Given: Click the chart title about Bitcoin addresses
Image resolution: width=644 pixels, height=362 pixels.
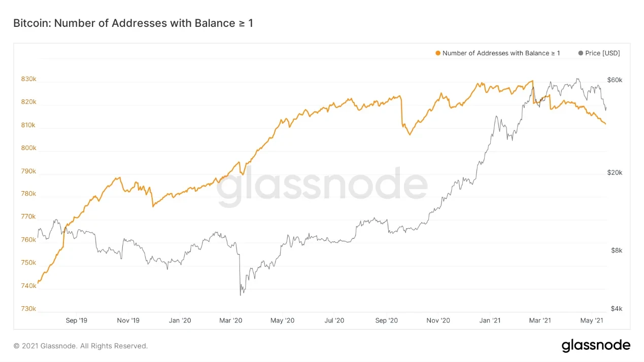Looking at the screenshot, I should tap(133, 23).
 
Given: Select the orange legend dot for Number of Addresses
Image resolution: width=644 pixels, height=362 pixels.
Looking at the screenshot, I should tap(438, 53).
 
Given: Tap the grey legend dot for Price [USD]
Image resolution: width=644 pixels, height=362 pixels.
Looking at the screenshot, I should tap(581, 53).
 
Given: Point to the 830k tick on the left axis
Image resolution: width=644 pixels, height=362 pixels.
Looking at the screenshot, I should tap(28, 80).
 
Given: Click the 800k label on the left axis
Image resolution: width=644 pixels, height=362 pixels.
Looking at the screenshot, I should tap(28, 148).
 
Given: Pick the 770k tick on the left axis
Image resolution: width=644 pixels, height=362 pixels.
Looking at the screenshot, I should tap(28, 217).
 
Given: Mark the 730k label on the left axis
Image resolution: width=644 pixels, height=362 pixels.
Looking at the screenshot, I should tap(28, 309).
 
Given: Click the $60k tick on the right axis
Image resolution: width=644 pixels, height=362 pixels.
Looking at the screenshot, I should tap(615, 80).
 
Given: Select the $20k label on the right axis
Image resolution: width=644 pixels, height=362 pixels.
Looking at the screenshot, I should tap(615, 173).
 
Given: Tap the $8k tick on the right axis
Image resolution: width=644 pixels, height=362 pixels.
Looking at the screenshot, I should tap(615, 250).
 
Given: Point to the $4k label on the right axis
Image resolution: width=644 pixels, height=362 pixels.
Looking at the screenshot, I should tap(615, 309).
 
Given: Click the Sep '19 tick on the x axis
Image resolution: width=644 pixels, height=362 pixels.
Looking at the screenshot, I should tap(77, 320).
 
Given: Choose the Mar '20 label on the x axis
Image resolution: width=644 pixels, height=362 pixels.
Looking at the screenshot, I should tap(231, 320).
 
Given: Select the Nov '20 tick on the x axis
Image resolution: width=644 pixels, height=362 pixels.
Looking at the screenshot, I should tap(438, 320).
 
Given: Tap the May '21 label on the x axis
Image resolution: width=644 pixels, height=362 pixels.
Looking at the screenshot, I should tap(592, 320).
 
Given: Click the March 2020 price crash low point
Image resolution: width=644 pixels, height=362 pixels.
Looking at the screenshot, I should tap(241, 295).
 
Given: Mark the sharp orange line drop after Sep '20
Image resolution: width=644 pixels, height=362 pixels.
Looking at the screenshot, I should tap(401, 112).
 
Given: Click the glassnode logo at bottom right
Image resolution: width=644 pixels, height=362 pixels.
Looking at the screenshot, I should tap(596, 346).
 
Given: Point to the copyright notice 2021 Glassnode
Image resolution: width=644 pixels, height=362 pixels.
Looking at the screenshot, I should tap(81, 346).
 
